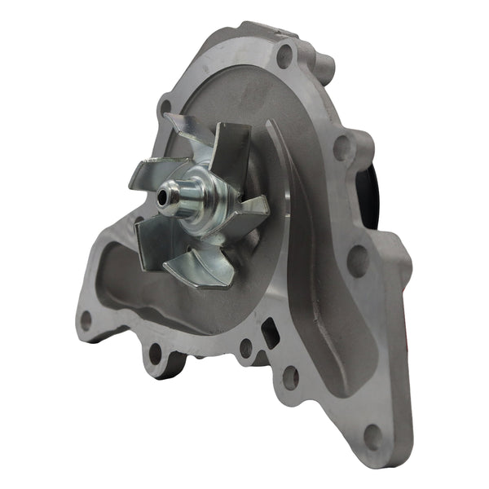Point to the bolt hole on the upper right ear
pyautogui.click(x=343, y=147)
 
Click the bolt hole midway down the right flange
pyautogui.click(x=356, y=260)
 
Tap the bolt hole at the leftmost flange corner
pyautogui.click(x=86, y=320)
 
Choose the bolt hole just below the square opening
pyautogui.click(x=289, y=377)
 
